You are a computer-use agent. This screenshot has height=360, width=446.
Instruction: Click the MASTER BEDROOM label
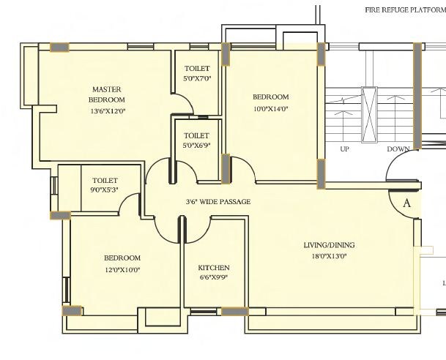pos(107,94)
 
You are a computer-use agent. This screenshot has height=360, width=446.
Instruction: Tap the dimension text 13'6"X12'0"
pos(107,111)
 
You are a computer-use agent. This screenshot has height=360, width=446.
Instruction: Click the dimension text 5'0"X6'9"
pos(196,146)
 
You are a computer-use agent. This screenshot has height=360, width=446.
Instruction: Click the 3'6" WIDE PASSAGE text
pos(218,202)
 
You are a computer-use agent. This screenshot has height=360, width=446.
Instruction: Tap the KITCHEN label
pos(213,268)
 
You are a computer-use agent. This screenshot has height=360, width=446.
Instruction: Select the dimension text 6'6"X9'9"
pos(213,277)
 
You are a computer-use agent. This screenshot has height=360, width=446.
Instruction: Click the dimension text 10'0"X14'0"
pos(271,108)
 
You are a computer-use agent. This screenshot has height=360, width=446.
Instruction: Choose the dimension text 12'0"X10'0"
pos(122,269)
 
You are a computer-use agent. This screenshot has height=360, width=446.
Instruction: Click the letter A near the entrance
pos(407,204)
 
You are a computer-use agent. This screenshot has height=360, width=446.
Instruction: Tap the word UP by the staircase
pos(344,149)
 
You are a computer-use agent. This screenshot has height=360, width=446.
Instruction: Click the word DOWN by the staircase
pos(398,149)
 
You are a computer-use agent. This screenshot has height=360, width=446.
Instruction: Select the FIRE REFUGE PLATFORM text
pos(405,10)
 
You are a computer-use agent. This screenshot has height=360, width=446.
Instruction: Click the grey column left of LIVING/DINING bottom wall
pos(234,311)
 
